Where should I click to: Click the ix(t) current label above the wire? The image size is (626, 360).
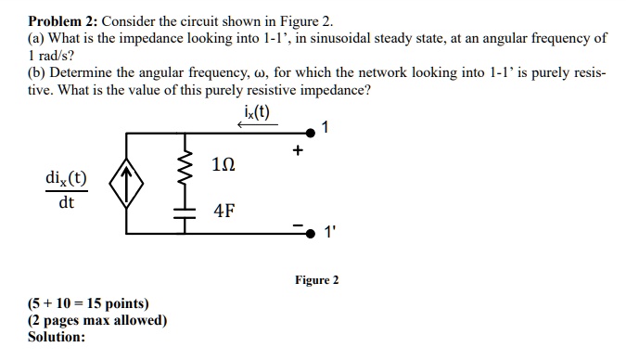pos(252,115)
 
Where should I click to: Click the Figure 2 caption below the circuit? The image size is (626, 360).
pos(317,279)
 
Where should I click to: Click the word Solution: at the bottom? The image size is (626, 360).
pos(57,337)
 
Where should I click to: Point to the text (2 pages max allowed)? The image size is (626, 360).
pos(97,320)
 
